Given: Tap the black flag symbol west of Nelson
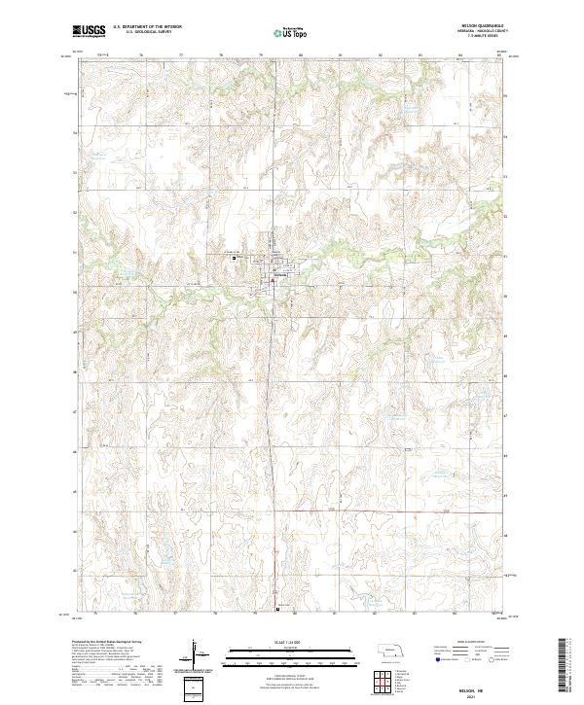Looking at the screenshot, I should click(x=234, y=259).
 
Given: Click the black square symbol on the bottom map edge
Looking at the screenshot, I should click(x=277, y=612).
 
